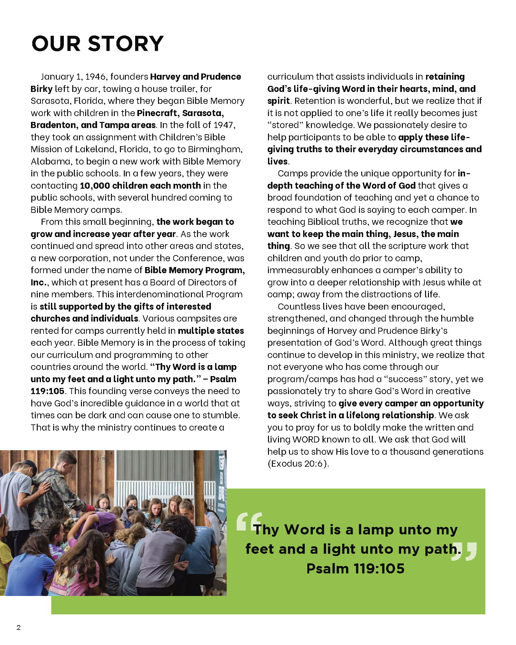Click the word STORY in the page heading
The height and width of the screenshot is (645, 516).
(x=126, y=44)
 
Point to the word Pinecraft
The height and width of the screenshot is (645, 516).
(x=157, y=113)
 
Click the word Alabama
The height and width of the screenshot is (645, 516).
(x=47, y=162)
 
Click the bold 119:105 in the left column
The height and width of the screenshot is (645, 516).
(x=47, y=391)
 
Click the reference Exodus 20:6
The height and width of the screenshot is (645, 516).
(x=297, y=464)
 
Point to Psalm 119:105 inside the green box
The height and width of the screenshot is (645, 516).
(x=355, y=569)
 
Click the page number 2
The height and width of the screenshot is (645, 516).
(x=19, y=627)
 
